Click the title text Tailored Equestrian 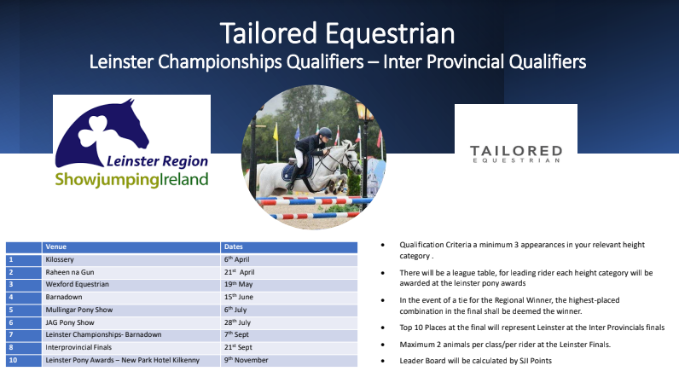(337, 34)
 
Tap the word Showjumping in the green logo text (107, 180)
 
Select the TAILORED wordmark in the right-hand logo (516, 151)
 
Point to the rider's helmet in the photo (324, 132)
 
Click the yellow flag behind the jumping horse (276, 132)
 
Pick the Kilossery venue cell (131, 259)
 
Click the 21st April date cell (289, 272)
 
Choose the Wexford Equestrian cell (131, 285)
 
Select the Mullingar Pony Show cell (131, 310)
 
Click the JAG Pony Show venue (70, 322)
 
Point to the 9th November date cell (289, 360)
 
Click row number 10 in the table (13, 360)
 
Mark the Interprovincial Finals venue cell (131, 347)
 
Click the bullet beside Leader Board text (383, 361)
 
